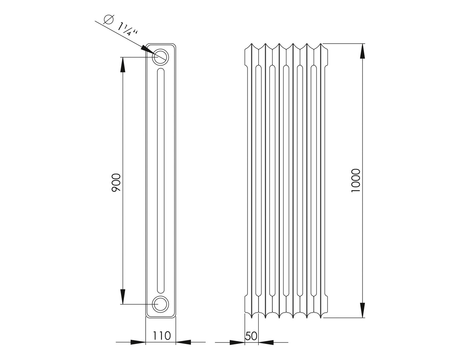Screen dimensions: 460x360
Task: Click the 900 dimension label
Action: [116, 183]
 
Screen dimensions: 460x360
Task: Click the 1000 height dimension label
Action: [355, 180]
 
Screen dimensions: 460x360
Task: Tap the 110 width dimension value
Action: [162, 335]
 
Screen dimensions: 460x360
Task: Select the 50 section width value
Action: [251, 336]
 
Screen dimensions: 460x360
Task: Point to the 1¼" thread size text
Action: [128, 30]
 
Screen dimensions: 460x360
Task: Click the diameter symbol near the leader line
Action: [108, 19]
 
